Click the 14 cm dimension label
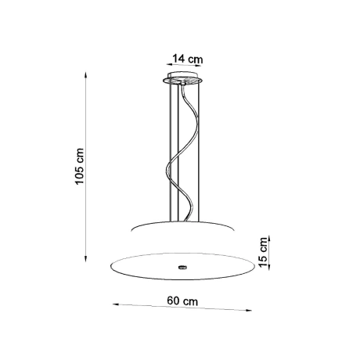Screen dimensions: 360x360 click(x=185, y=57)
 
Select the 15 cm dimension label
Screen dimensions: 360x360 click(x=264, y=250)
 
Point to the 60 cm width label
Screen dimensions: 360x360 click(x=182, y=299)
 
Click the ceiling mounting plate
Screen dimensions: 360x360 click(x=182, y=81)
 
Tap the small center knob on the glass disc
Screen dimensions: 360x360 click(x=182, y=267)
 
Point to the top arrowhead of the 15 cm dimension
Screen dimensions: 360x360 click(x=269, y=235)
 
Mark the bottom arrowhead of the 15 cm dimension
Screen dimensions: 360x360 click(x=269, y=268)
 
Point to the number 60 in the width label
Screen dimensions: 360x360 click(x=175, y=299)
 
